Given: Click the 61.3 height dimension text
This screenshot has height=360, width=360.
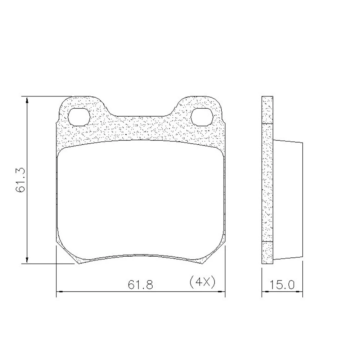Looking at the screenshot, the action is click(x=20, y=180).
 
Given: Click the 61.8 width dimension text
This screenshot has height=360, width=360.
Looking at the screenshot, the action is click(x=140, y=285).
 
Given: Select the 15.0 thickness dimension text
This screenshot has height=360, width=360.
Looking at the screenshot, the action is click(x=282, y=285).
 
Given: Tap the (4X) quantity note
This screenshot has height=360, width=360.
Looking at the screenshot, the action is click(x=202, y=282).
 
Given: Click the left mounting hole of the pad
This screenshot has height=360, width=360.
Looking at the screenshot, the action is click(x=79, y=117).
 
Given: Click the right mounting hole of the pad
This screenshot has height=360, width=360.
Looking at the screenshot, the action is click(x=201, y=117).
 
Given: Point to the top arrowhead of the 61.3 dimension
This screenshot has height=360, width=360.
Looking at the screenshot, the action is click(x=27, y=100).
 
